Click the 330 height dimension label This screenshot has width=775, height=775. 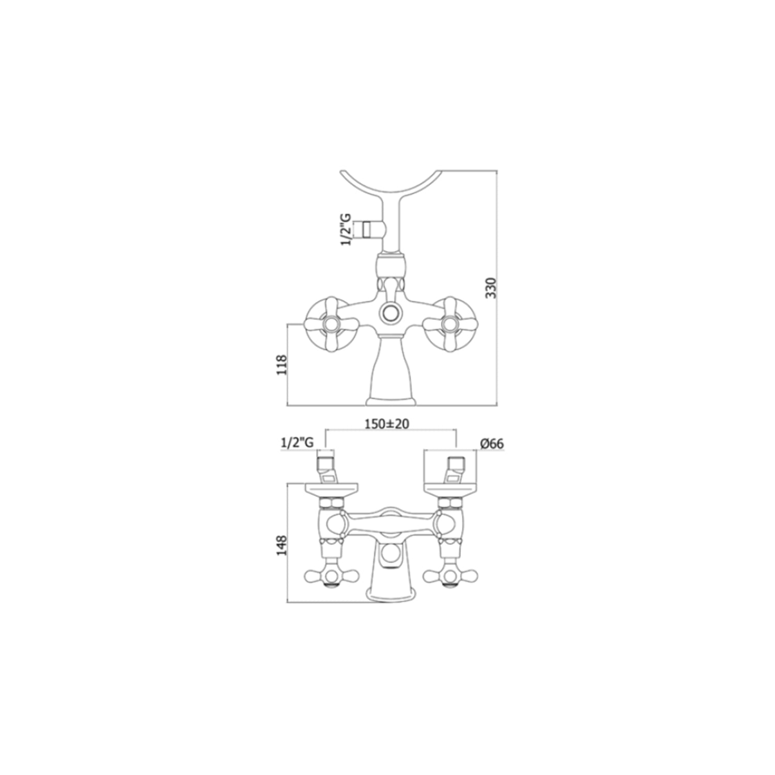[491, 288]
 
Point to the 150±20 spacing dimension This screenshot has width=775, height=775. [386, 424]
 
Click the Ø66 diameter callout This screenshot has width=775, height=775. [491, 443]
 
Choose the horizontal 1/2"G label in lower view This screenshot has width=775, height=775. [297, 442]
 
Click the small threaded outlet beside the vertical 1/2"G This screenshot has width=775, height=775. [367, 228]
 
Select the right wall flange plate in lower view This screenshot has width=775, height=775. [450, 489]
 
